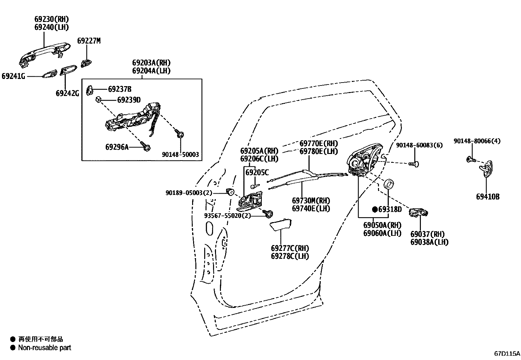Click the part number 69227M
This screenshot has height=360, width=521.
(x=89, y=41)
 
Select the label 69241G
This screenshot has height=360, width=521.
(x=13, y=76)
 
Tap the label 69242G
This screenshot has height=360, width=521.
(x=67, y=93)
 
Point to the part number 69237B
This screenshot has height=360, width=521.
(x=120, y=89)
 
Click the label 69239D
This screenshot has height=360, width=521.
(x=124, y=100)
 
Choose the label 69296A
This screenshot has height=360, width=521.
(x=117, y=147)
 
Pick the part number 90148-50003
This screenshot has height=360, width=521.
(x=180, y=155)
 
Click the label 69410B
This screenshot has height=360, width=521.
(x=488, y=197)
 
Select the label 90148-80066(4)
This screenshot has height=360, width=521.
(x=477, y=141)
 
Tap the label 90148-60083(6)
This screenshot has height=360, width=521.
(x=419, y=145)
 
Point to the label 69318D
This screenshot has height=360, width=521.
(x=390, y=209)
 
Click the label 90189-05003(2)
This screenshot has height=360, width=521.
(x=189, y=193)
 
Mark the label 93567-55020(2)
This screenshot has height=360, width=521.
(x=227, y=216)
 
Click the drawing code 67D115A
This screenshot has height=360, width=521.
(x=507, y=354)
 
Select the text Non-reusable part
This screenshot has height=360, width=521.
(x=45, y=348)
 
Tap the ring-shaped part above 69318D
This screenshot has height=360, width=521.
(x=388, y=184)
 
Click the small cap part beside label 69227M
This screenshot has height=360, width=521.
(x=86, y=63)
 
